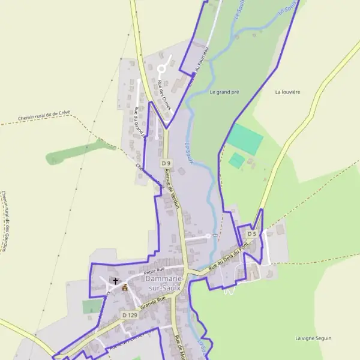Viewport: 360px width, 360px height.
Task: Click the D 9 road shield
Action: pyautogui.click(x=166, y=163)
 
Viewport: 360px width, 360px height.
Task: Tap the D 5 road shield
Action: pyautogui.click(x=251, y=234)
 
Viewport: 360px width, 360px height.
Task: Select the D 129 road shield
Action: pyautogui.click(x=130, y=315)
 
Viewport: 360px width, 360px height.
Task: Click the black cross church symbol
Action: pyautogui.click(x=116, y=280)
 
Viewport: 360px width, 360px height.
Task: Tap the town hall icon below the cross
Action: pyautogui.click(x=125, y=287)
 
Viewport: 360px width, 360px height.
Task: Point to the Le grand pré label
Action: pyautogui.click(x=224, y=92)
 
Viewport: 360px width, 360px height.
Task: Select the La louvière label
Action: pyautogui.click(x=287, y=92)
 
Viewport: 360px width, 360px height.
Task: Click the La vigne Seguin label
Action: pyautogui.click(x=313, y=338)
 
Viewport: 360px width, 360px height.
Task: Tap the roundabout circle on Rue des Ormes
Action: pyautogui.click(x=161, y=69)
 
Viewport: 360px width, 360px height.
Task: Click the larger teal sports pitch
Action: pyautogui.click(x=245, y=138)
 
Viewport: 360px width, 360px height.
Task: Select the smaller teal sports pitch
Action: pyautogui.click(x=237, y=160)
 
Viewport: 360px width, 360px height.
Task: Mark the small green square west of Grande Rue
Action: pyautogui.click(x=92, y=307)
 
